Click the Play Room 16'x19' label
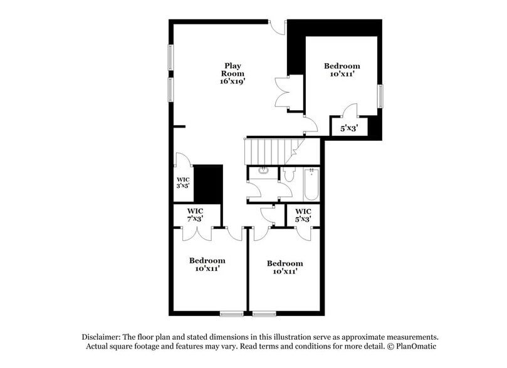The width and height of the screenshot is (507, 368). point(231,73)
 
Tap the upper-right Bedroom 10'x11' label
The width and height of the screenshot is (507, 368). point(342,70)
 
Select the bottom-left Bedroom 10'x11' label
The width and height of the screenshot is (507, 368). point(207,265)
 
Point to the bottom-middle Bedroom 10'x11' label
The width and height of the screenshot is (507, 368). point(285,268)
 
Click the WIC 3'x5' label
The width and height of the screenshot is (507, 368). point(182,183)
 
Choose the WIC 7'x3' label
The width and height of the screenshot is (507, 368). point(196,214)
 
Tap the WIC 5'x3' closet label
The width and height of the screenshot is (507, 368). point(303,215)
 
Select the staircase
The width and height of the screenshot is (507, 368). point(266,151)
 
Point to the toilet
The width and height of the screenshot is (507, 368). point(288,175)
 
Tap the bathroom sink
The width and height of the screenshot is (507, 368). point(263,170)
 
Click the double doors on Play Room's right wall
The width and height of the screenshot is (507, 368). point(282,93)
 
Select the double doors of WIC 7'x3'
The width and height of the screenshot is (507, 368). point(197,233)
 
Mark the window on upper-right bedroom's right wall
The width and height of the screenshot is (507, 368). point(379,96)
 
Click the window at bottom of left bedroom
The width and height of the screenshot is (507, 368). point(231,313)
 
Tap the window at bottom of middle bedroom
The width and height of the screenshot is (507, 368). point(264,313)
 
